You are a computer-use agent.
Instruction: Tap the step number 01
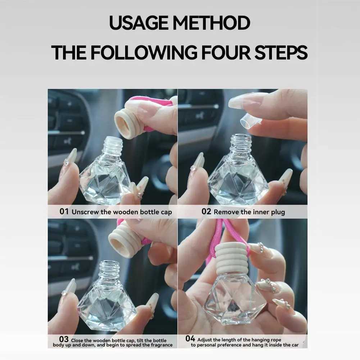[64, 211]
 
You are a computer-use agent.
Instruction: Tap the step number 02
[206, 211]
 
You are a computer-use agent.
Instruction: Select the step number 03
[64, 339]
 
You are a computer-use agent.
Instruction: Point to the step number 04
[190, 338]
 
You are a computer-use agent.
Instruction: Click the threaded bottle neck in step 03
[109, 270]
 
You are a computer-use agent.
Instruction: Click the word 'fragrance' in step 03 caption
[159, 345]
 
